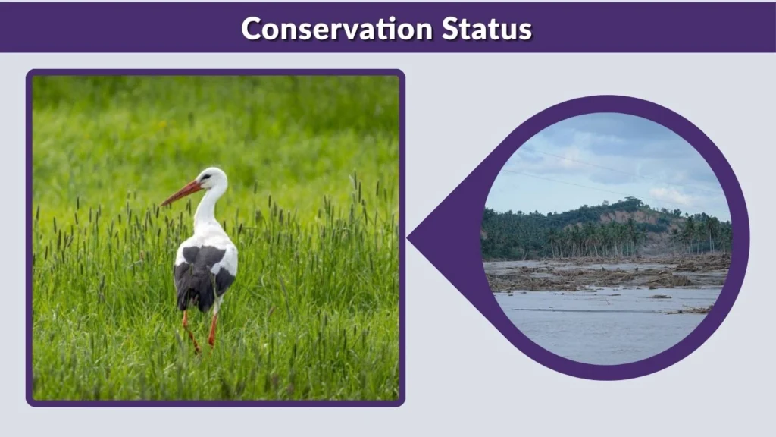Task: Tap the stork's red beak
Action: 180,193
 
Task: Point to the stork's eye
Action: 205,178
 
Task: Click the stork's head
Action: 211,179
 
